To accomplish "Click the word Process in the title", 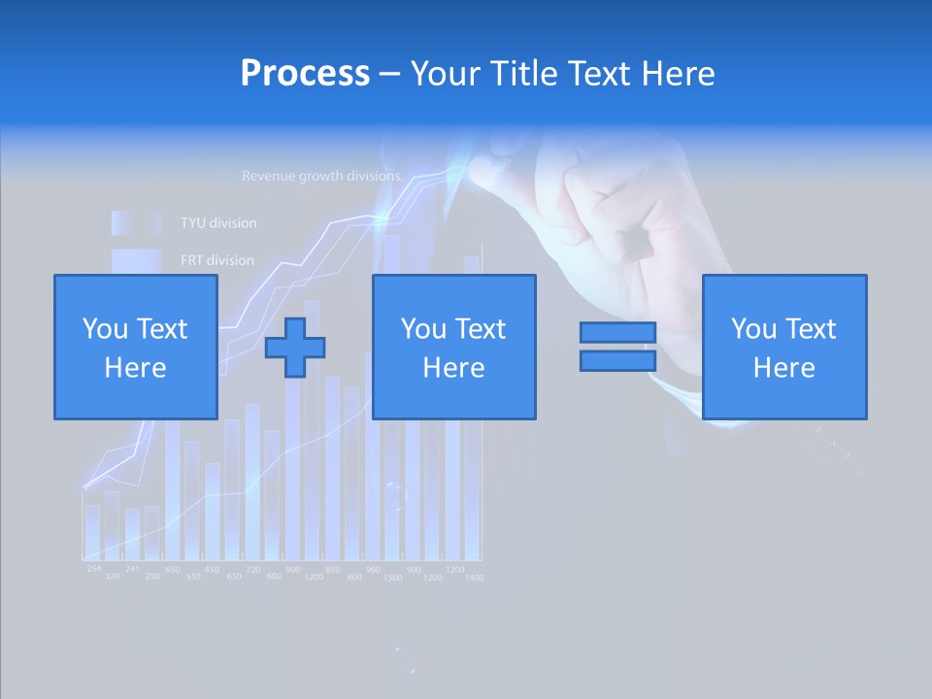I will coord(305,74).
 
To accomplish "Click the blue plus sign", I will coord(295,348).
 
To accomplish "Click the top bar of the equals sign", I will coord(617,332).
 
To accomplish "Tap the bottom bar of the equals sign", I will coord(617,361).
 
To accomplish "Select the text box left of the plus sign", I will coord(135,347).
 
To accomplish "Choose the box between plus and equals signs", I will coord(453,347).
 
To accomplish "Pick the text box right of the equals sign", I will coord(783,347).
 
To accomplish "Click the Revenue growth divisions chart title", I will coord(322,177).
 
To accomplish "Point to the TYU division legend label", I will coord(218,223).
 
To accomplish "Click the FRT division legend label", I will coord(216,260).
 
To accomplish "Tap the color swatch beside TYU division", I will coord(135,223).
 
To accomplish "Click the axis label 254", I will coord(93,568).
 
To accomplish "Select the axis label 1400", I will coord(473,578).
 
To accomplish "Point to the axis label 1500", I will coord(393,578).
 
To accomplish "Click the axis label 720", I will coord(252,569).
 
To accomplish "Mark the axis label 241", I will coord(132,569).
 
